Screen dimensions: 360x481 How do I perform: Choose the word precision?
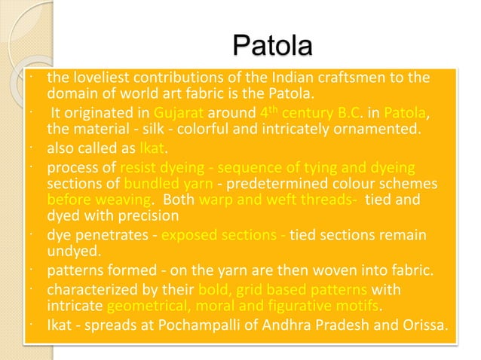click(x=133, y=215)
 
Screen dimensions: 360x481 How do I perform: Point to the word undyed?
click(x=69, y=252)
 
